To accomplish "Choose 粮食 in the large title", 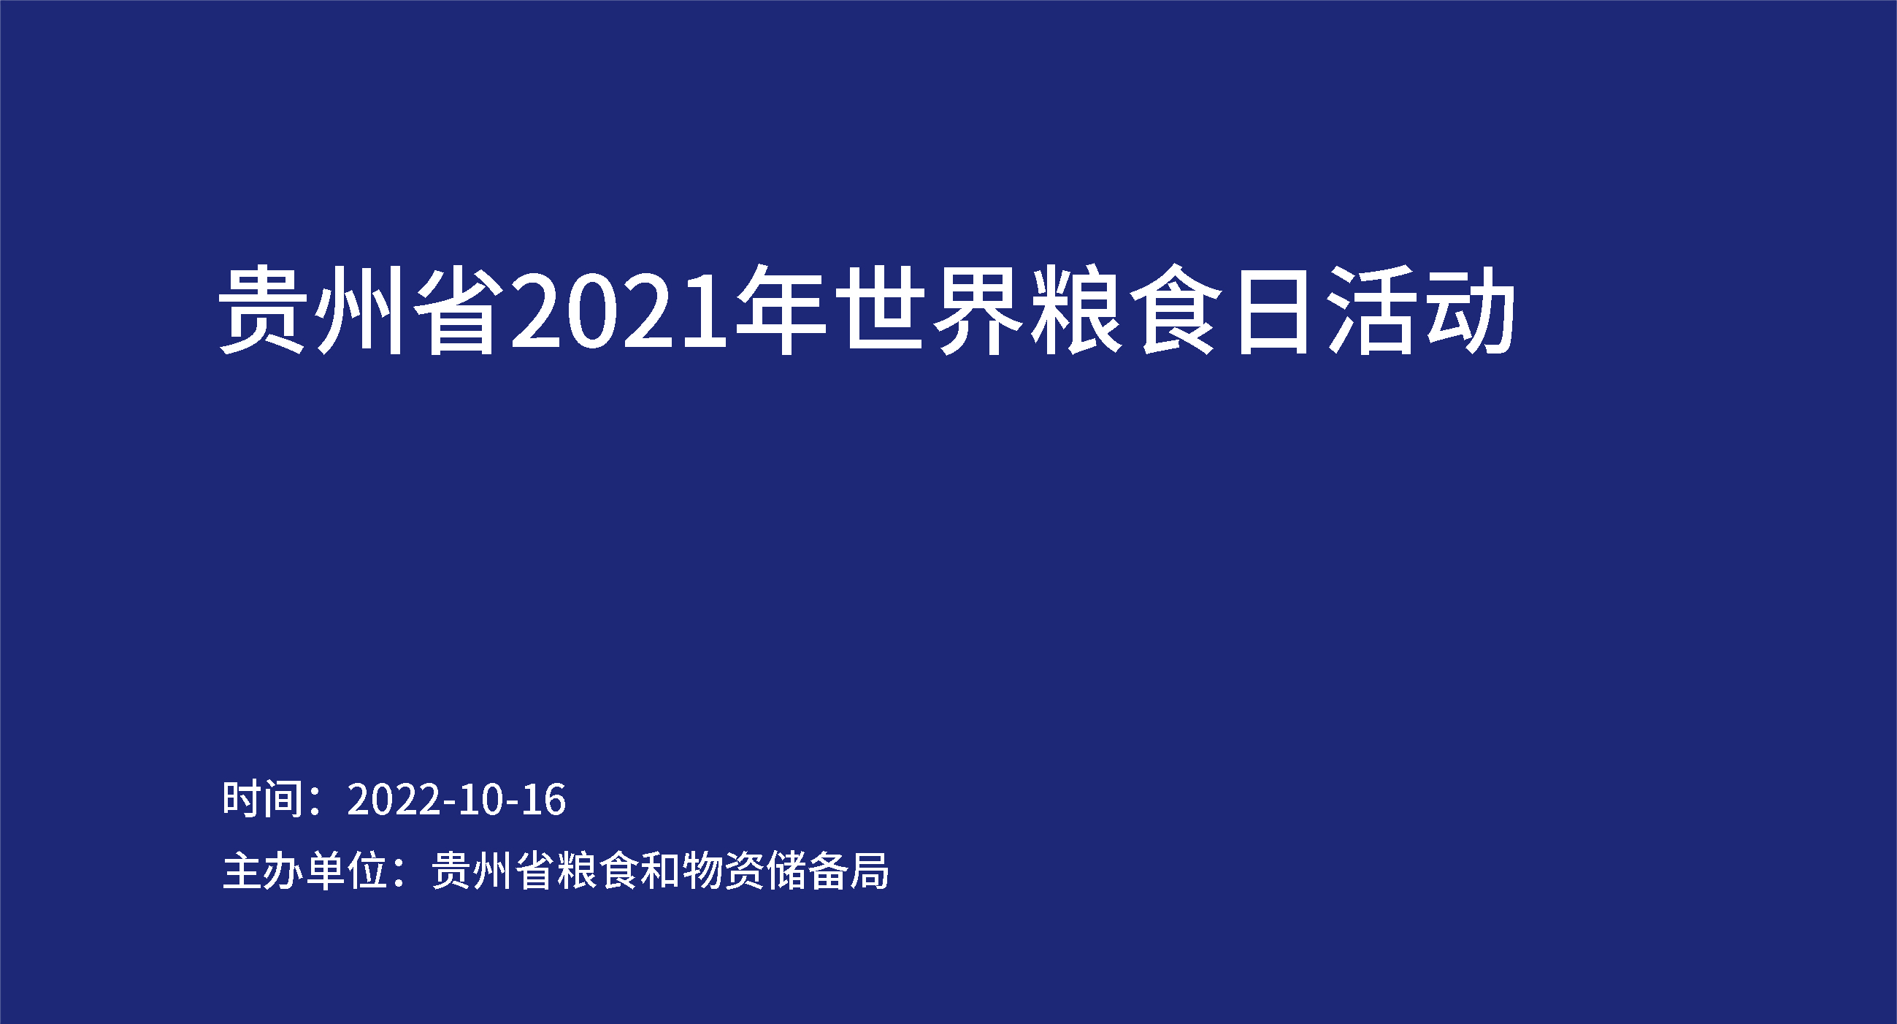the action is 1125,310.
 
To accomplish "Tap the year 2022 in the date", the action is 394,800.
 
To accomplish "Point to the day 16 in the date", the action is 544,800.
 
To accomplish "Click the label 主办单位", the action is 306,871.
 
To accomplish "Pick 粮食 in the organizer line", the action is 597,871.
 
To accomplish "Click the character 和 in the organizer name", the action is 660,871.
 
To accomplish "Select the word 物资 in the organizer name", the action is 723,871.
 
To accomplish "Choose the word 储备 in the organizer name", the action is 807,871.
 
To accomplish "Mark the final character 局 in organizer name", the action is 870,871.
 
